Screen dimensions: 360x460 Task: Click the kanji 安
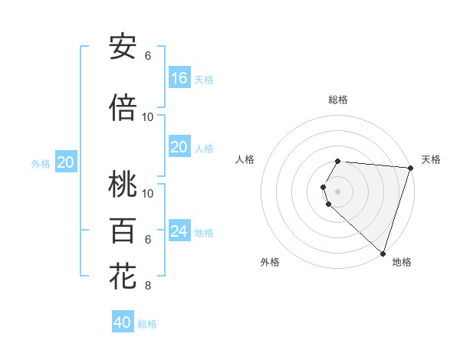(123, 47)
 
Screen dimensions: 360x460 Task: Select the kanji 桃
(123, 184)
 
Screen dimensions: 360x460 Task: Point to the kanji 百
(123, 230)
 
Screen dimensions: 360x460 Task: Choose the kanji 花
(123, 276)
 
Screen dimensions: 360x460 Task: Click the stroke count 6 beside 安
(148, 56)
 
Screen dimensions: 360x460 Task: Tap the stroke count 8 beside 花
(148, 286)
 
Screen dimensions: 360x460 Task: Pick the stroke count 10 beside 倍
(148, 116)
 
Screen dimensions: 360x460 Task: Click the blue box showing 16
(179, 78)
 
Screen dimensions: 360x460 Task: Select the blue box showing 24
(179, 231)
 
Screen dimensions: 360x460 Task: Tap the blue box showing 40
(123, 322)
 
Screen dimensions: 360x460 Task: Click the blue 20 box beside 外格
(66, 162)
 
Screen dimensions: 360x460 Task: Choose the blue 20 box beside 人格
(179, 147)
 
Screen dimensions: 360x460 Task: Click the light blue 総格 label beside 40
(148, 324)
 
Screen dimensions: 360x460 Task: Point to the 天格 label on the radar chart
(431, 159)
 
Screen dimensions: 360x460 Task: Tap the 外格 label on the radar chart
(270, 263)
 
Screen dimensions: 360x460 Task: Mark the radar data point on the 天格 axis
(410, 169)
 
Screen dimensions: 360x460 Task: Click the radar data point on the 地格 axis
(383, 253)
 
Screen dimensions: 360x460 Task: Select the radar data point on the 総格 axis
(338, 161)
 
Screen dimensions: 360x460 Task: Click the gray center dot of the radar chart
(338, 191)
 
